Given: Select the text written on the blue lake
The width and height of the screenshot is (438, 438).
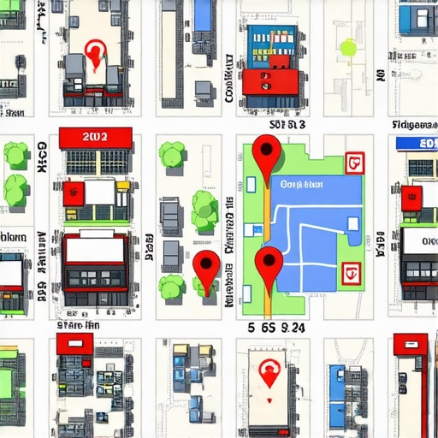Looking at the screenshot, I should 301,185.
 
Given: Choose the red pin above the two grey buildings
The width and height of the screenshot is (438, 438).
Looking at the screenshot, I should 96,55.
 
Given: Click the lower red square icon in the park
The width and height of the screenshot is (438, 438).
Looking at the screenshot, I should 349,274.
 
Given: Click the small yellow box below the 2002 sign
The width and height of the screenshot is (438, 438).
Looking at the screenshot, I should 123,185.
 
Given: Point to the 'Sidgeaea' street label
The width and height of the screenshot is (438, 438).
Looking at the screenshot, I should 414,125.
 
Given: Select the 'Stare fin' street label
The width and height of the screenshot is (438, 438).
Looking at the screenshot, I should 79,325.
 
